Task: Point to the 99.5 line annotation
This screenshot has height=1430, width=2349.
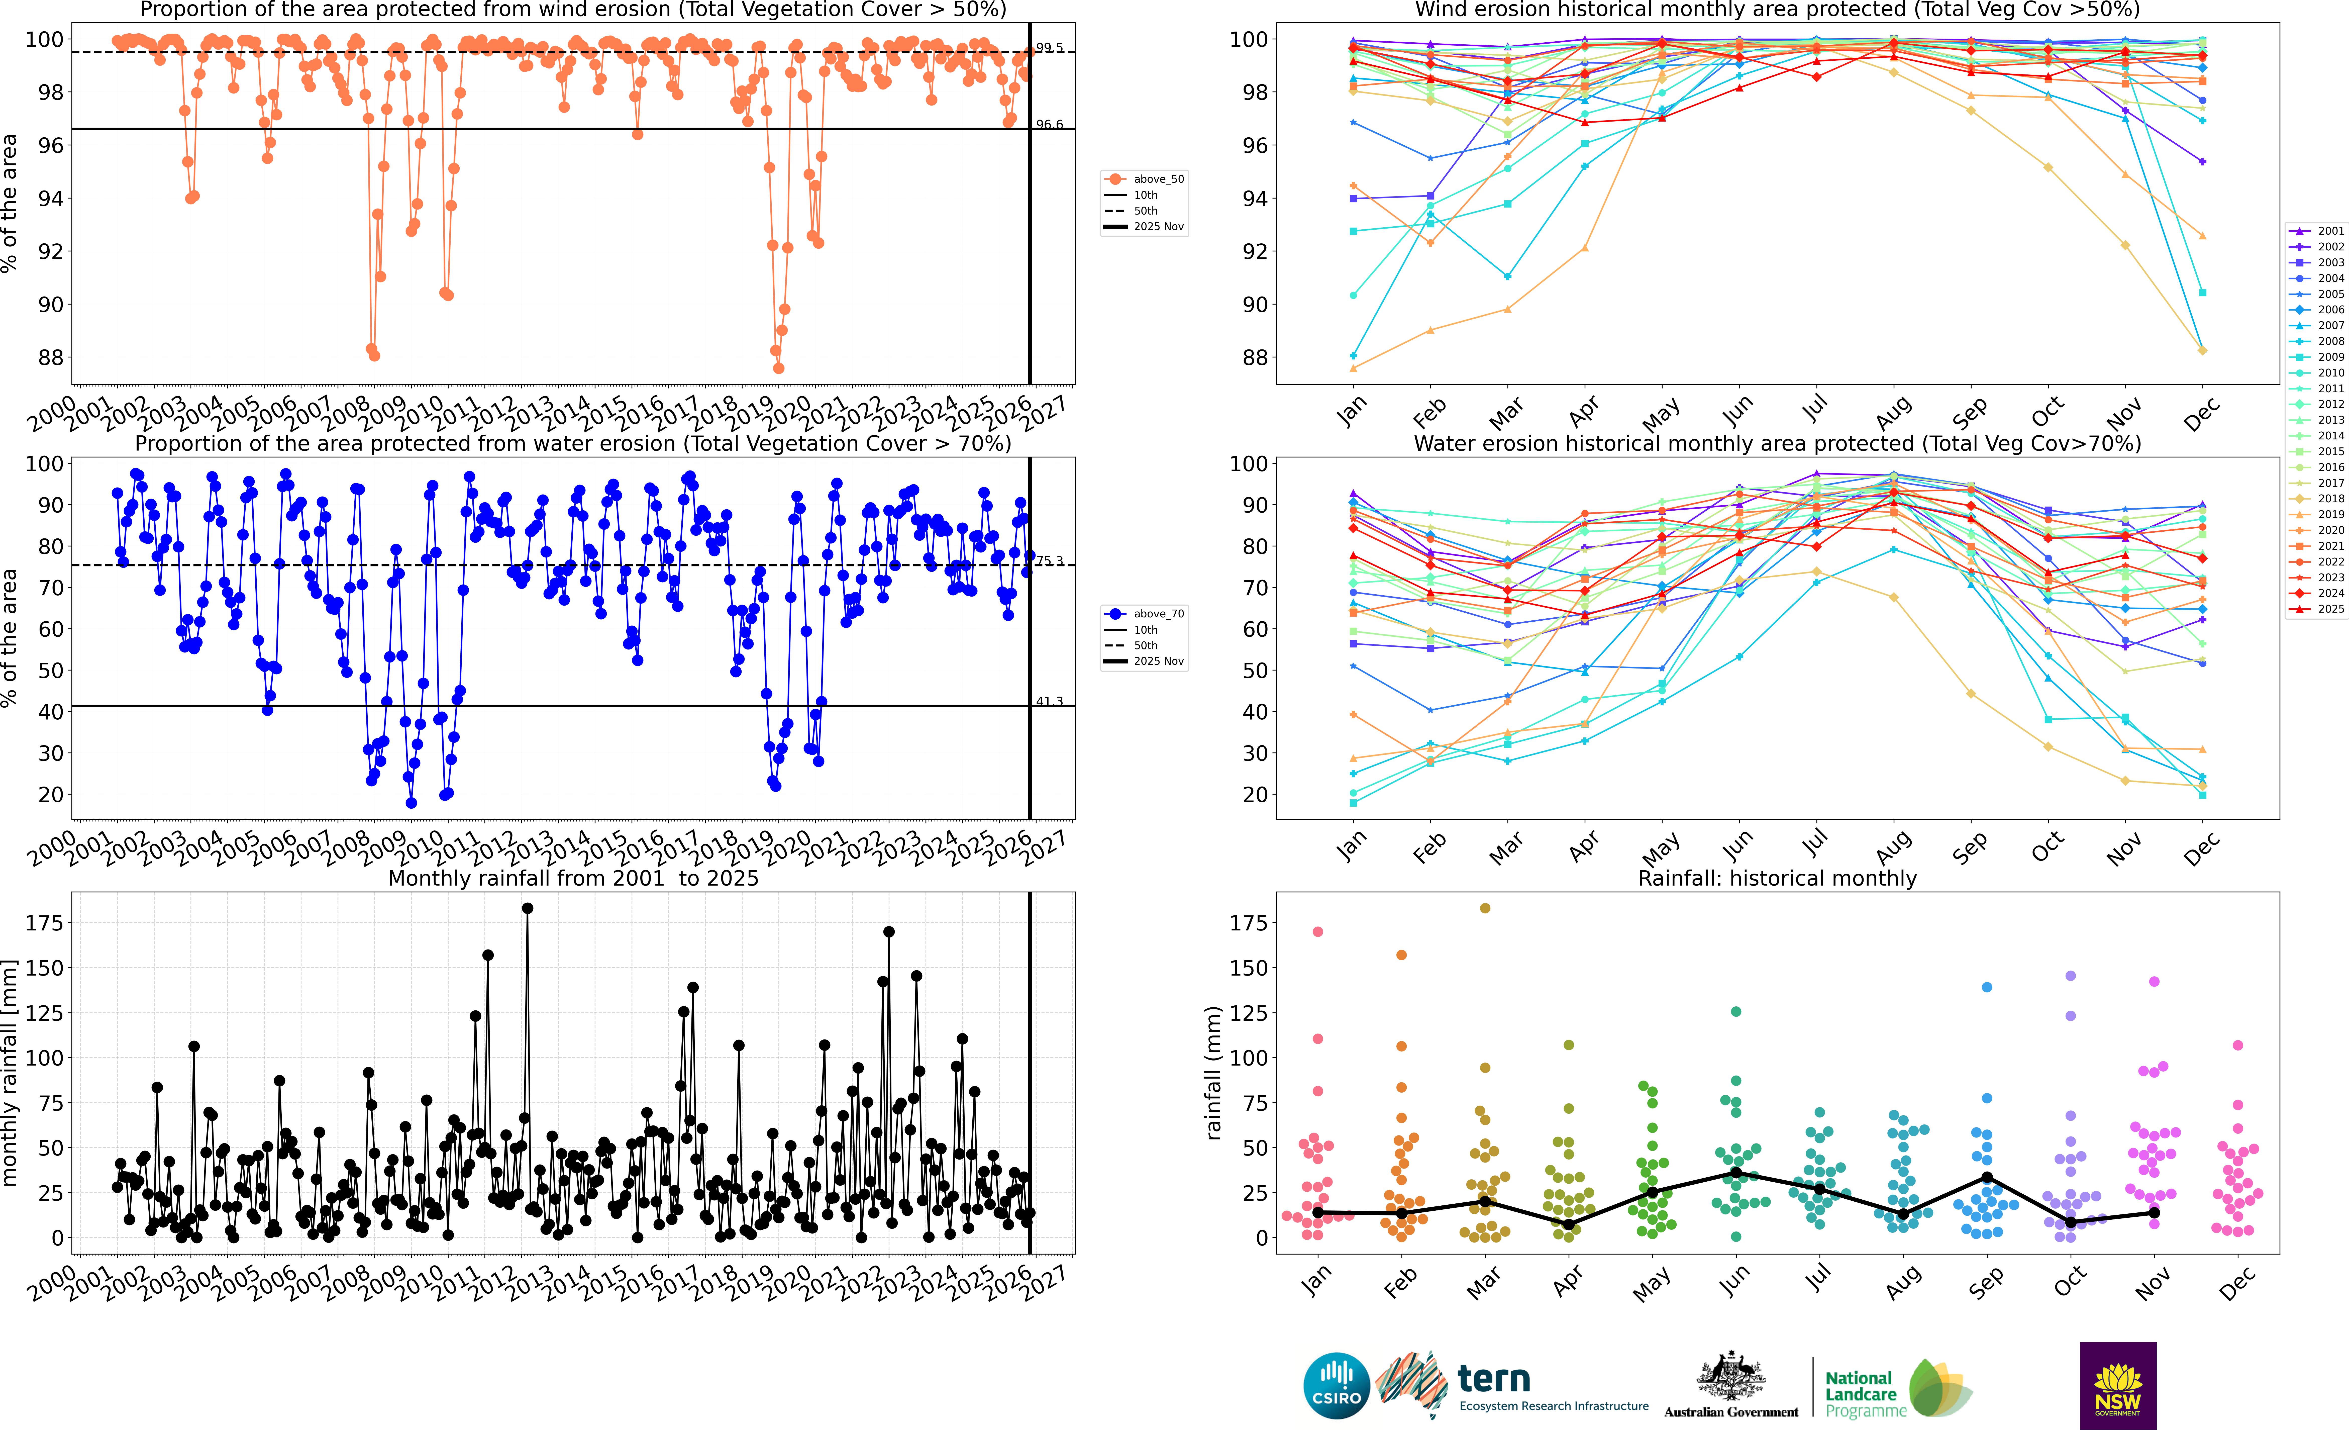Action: [1050, 48]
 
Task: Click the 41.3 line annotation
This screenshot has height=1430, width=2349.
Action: [1050, 702]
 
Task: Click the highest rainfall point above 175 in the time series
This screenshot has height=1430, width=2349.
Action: [527, 909]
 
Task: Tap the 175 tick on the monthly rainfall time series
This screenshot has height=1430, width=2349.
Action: [44, 923]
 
